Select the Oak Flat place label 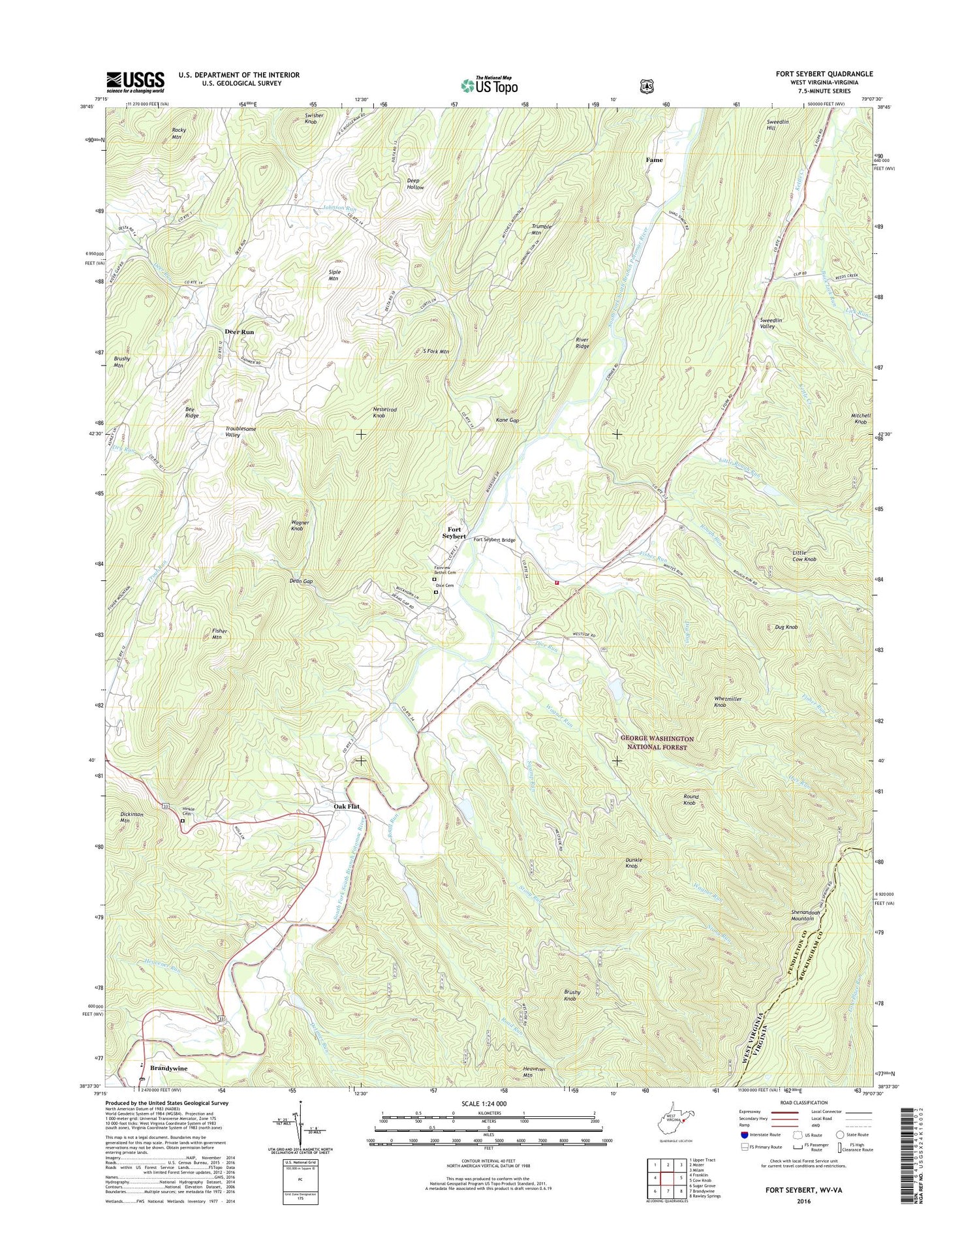(347, 807)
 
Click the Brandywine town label (168, 1068)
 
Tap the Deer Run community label (240, 332)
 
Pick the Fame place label (654, 160)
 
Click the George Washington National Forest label (657, 743)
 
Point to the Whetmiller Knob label (728, 702)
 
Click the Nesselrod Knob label (384, 413)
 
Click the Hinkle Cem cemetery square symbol (183, 821)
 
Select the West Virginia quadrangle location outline (673, 1119)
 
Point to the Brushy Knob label (572, 995)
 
